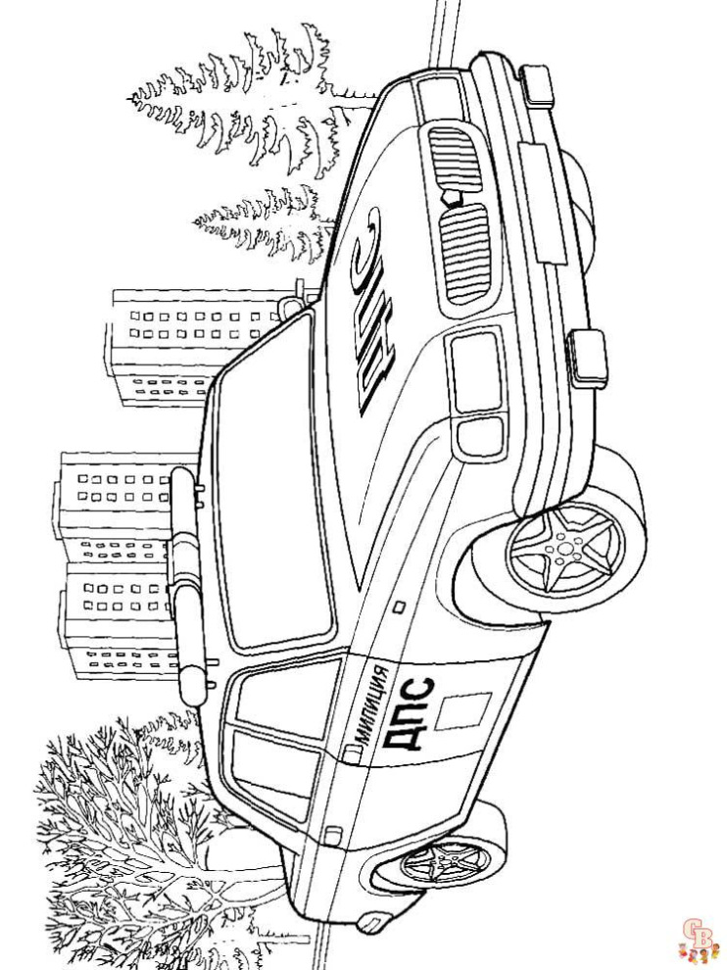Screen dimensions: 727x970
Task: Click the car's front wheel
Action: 566,545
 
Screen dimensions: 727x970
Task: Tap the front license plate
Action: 542,202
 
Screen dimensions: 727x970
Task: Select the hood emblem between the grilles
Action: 453,197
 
